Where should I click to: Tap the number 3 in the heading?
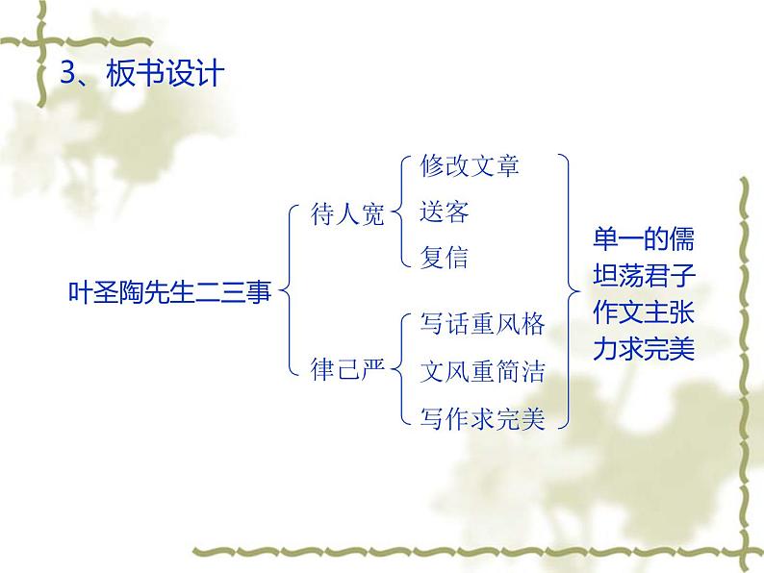click(68, 73)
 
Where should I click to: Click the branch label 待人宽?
click(347, 213)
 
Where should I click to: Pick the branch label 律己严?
click(347, 368)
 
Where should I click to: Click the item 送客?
click(445, 212)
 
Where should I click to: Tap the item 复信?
click(445, 258)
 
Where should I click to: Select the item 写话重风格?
click(482, 324)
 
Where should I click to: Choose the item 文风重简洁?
click(482, 370)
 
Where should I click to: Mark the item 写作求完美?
click(482, 418)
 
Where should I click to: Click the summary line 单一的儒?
click(643, 239)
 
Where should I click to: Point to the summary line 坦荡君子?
click(643, 277)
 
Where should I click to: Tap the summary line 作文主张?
click(643, 313)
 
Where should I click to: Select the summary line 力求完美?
click(643, 350)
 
